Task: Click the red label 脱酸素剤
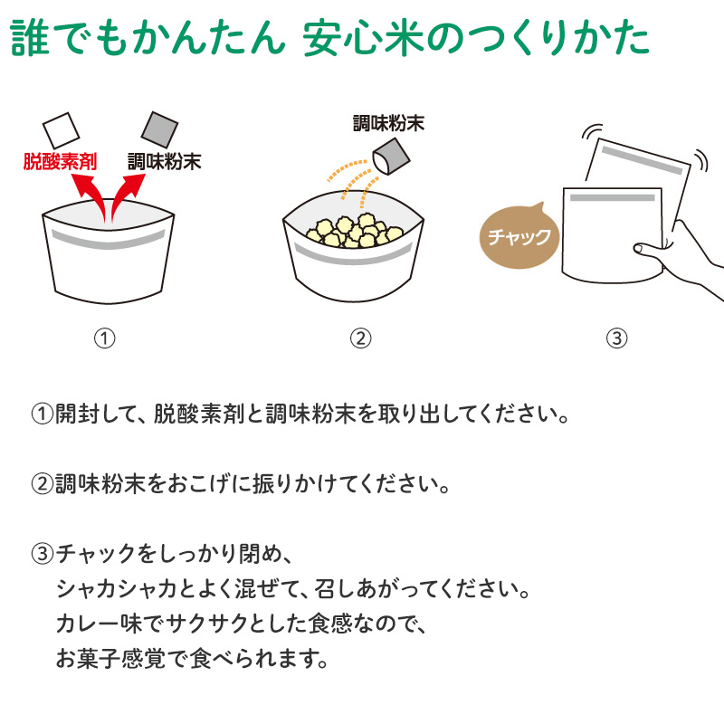[60, 162]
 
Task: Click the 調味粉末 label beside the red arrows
[165, 162]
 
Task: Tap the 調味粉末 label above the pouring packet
[388, 123]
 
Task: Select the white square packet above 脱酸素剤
[61, 130]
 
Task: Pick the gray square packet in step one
[159, 129]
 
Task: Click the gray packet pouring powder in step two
[391, 157]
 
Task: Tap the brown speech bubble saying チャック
[519, 236]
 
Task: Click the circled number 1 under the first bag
[104, 338]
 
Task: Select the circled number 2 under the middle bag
[360, 338]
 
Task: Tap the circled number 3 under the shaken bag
[617, 338]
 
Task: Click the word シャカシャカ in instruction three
[117, 589]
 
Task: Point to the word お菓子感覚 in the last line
[110, 659]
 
